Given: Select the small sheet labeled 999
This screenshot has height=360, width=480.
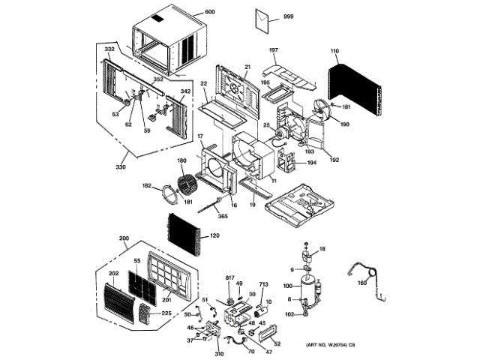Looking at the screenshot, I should [x=265, y=20].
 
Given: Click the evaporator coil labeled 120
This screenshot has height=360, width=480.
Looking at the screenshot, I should [x=184, y=233].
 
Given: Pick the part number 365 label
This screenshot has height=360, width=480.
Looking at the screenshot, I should [x=222, y=216].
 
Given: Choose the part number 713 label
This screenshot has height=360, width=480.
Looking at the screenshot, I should [x=263, y=285].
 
